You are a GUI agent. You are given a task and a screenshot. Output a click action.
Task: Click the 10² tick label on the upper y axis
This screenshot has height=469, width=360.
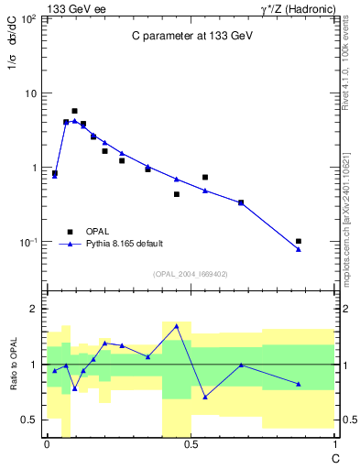[30, 18]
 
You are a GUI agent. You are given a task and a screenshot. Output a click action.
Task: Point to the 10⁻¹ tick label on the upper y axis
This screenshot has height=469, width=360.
[30, 242]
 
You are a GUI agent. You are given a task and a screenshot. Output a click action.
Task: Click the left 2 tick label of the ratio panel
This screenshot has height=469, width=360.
[35, 309]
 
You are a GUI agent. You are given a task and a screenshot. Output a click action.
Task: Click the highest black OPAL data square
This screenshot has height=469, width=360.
[74, 111]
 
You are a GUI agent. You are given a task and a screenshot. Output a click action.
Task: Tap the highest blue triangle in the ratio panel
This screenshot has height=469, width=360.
[177, 326]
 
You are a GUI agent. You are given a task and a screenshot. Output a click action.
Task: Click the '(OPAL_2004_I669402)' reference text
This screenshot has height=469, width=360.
[190, 273]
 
